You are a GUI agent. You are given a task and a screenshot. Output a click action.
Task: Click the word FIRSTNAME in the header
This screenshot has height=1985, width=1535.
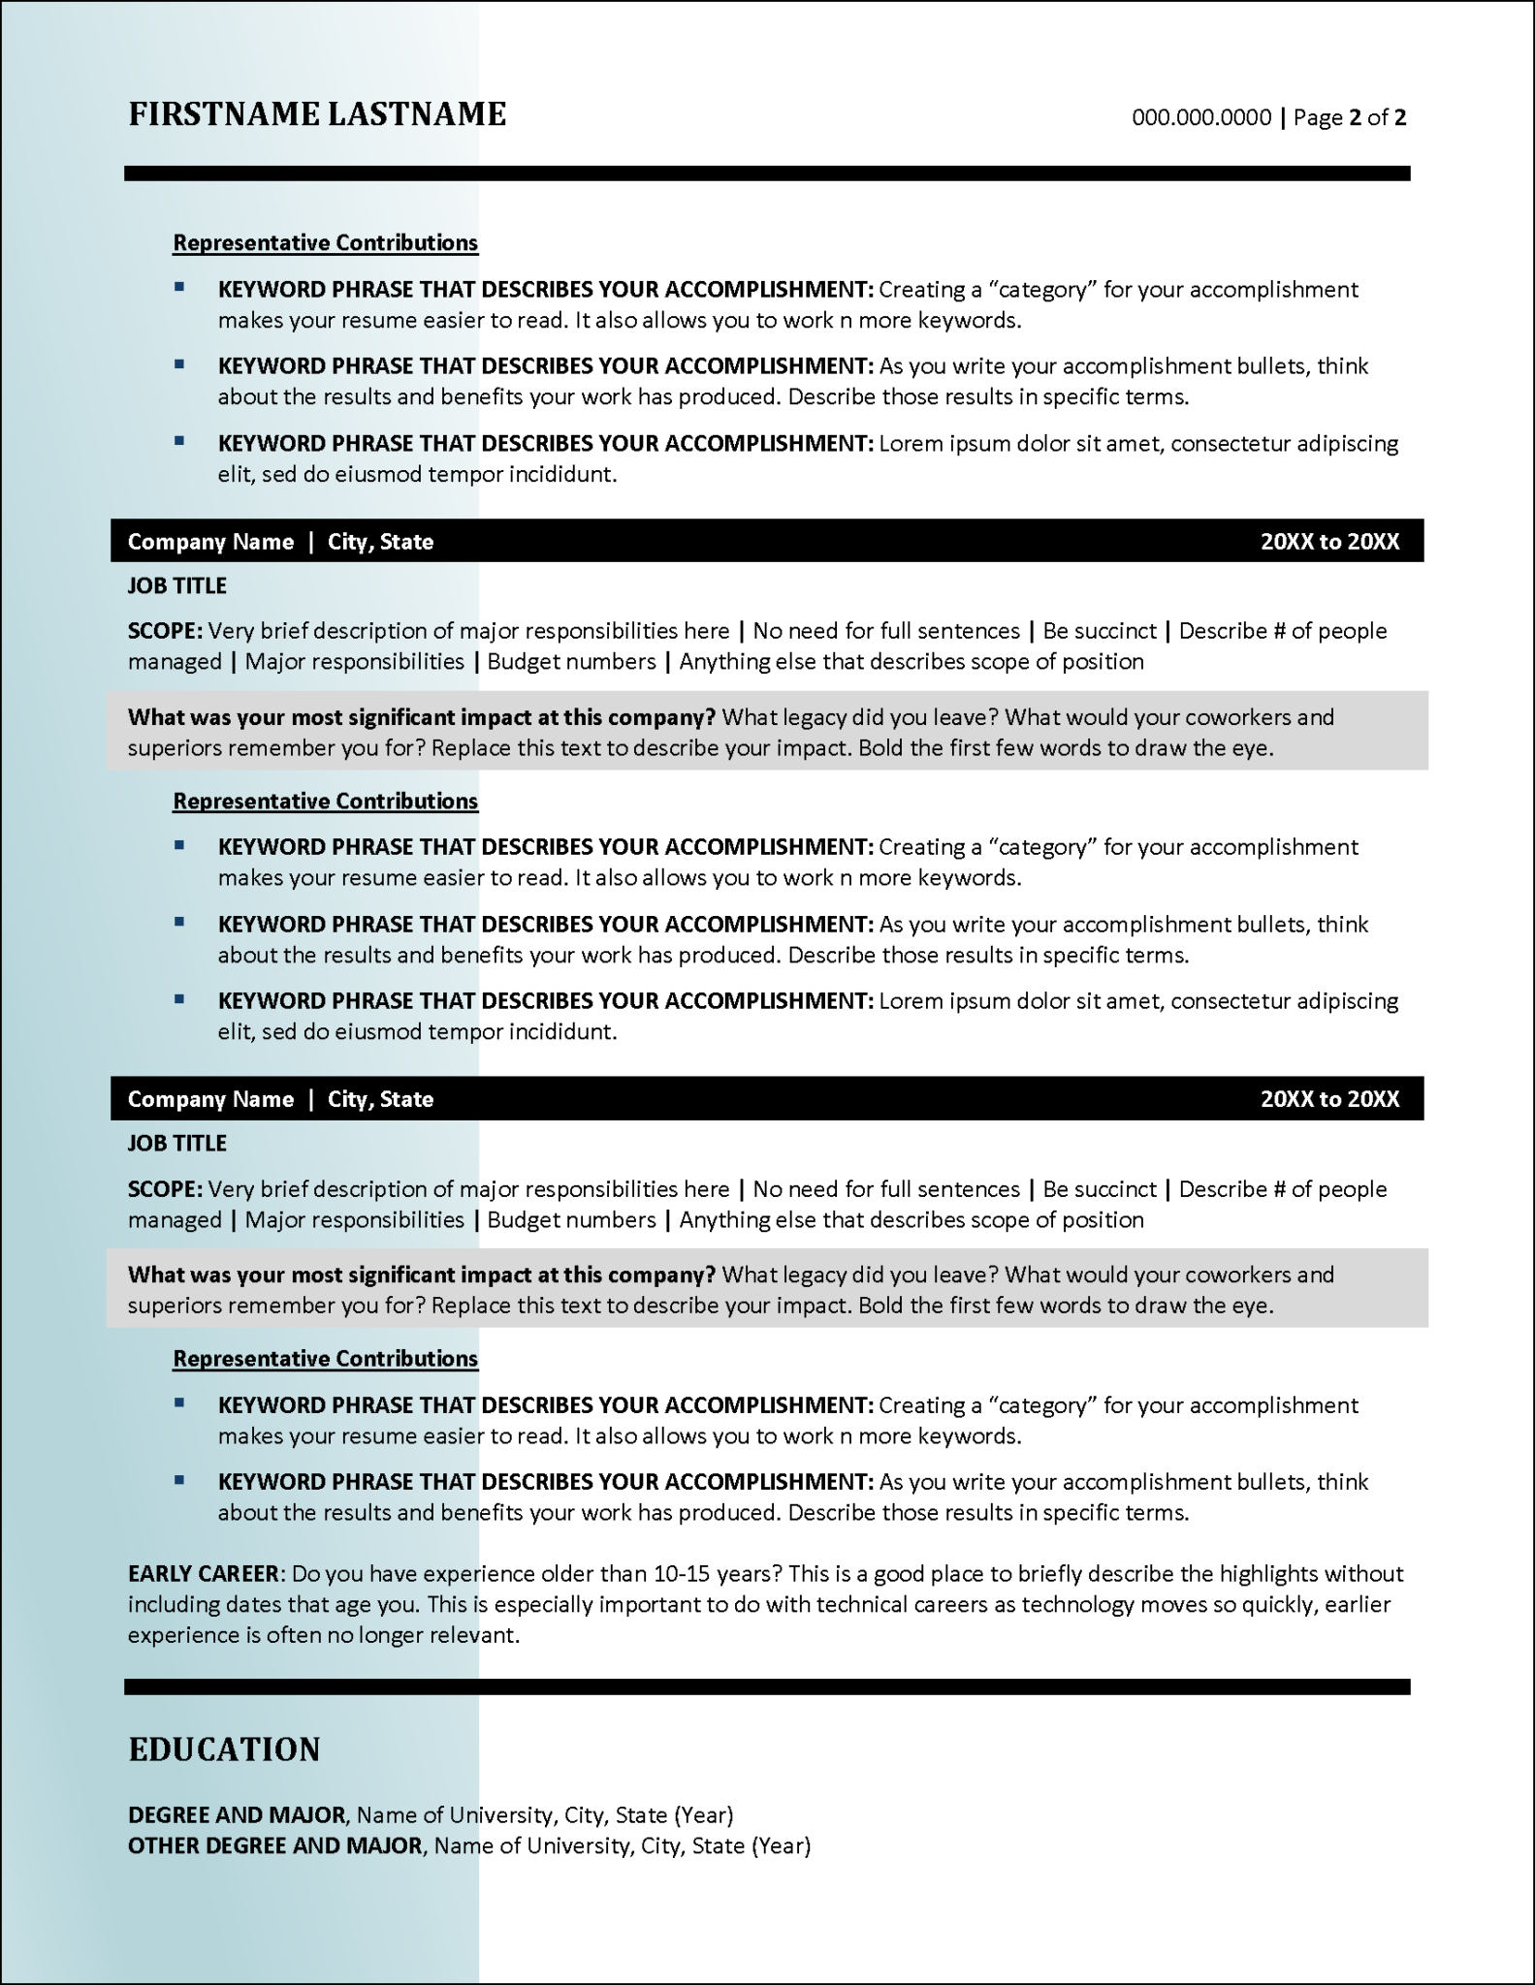[x=224, y=114]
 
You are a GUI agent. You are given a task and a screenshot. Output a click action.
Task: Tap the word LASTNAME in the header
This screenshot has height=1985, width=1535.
[x=416, y=114]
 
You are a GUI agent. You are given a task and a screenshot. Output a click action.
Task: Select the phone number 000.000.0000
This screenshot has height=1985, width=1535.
[x=1201, y=118]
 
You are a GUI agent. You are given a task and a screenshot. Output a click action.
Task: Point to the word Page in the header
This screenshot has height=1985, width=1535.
[x=1318, y=118]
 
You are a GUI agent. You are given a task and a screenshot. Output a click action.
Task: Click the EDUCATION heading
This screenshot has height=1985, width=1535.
[x=224, y=1749]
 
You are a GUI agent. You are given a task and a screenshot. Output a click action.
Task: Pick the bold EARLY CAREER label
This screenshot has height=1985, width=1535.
[x=205, y=1573]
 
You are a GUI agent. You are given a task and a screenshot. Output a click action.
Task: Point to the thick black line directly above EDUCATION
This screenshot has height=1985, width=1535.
[x=766, y=1687]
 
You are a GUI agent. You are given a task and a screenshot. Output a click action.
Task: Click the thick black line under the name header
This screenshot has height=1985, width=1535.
[x=766, y=173]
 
